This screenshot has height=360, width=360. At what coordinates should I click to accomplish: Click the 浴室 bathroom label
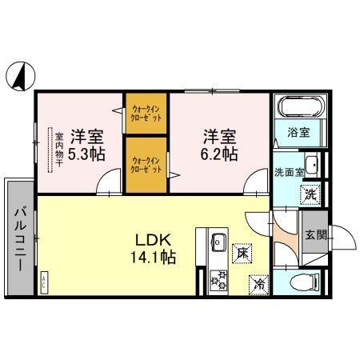[310, 132]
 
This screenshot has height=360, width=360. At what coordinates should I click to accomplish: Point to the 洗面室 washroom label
[289, 171]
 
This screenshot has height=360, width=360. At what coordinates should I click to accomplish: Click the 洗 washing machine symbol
[308, 193]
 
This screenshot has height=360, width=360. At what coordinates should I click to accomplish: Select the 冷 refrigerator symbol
[258, 282]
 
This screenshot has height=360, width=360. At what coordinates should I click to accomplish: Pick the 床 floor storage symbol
[241, 252]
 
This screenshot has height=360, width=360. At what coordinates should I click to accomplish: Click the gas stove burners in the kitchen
[218, 278]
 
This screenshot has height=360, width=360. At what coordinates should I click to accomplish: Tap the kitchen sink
[218, 240]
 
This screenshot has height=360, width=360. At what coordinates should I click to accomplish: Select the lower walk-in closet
[146, 164]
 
